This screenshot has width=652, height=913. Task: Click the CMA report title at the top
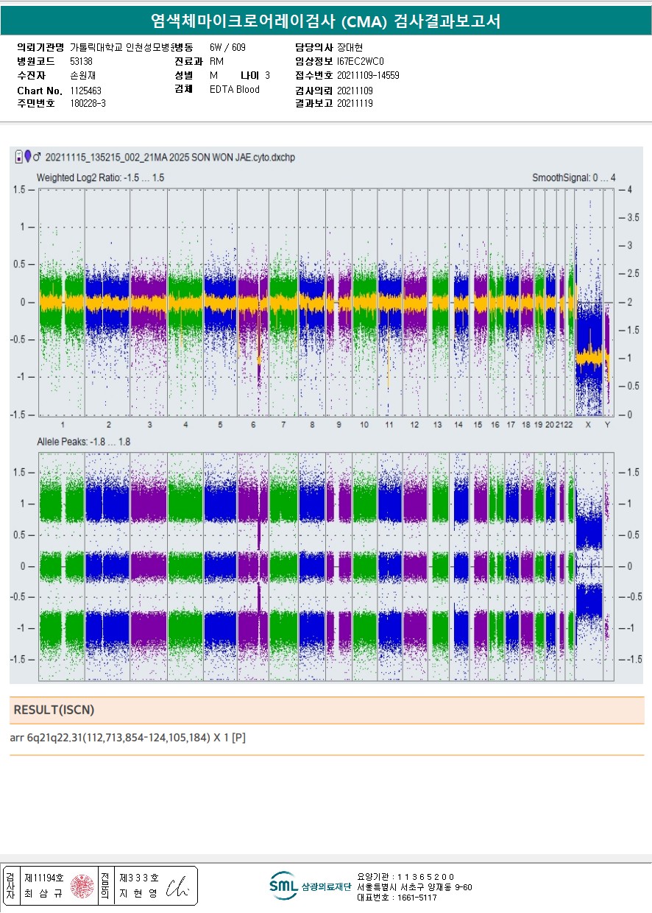pyautogui.click(x=325, y=21)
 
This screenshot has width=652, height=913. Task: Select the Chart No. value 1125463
pyautogui.click(x=86, y=91)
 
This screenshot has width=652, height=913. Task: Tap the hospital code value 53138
pyautogui.click(x=81, y=61)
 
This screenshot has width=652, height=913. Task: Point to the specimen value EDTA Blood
pyautogui.click(x=235, y=90)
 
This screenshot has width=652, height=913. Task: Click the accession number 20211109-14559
pyautogui.click(x=368, y=75)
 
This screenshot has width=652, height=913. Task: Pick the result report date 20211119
pyautogui.click(x=355, y=104)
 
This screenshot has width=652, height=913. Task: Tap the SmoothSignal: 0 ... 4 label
pyautogui.click(x=573, y=178)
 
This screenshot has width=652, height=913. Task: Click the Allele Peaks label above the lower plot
pyautogui.click(x=84, y=442)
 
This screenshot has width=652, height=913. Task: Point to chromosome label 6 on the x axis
pyautogui.click(x=253, y=426)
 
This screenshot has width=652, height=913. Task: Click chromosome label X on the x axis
pyautogui.click(x=588, y=426)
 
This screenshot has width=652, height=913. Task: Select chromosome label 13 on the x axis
pyautogui.click(x=437, y=426)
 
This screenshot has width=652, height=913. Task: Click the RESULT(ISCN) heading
pyautogui.click(x=54, y=711)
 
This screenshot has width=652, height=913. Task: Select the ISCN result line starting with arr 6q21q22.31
pyautogui.click(x=128, y=738)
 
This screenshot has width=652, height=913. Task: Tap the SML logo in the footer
pyautogui.click(x=283, y=886)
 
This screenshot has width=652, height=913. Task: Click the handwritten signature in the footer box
pyautogui.click(x=177, y=889)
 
